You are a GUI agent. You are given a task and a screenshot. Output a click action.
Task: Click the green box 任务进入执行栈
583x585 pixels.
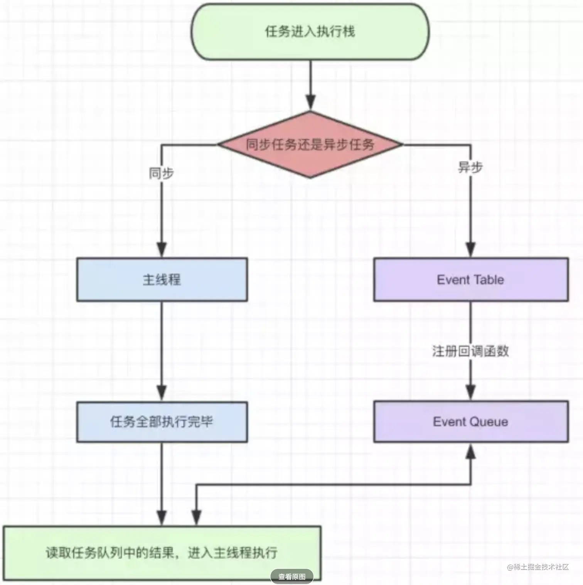pos(310,32)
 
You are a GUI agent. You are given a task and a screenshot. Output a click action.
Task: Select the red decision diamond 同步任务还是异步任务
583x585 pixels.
pos(310,145)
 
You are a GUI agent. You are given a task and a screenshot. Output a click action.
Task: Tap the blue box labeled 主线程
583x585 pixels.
pos(162,280)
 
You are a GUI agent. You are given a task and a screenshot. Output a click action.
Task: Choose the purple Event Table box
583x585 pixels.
pos(471,280)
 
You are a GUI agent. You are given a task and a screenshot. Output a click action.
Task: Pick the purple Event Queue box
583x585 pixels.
pos(471,421)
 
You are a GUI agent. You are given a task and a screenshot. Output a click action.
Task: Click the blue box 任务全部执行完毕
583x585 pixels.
pos(162,421)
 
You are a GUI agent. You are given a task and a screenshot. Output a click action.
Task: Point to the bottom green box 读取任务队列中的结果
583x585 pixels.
pos(162,553)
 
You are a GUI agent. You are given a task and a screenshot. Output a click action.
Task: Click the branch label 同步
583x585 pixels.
pos(162,173)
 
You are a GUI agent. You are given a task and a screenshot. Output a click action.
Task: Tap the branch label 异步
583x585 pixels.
pos(470,167)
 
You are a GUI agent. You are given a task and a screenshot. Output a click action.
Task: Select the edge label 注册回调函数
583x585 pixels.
pos(470,351)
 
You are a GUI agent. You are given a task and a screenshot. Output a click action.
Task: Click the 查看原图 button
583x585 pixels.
pos(292,577)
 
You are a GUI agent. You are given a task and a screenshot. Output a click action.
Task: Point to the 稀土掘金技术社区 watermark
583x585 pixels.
pos(538,567)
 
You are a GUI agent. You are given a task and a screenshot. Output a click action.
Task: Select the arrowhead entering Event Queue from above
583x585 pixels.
pos(470,392)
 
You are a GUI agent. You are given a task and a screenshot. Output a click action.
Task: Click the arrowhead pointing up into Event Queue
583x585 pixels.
pos(470,451)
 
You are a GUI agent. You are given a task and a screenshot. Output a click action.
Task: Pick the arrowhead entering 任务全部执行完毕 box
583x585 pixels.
pos(162,393)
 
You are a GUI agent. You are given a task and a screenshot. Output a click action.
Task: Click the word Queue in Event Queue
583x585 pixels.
pos(489,422)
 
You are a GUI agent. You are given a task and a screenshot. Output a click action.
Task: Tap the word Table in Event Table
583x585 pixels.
pos(489,280)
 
